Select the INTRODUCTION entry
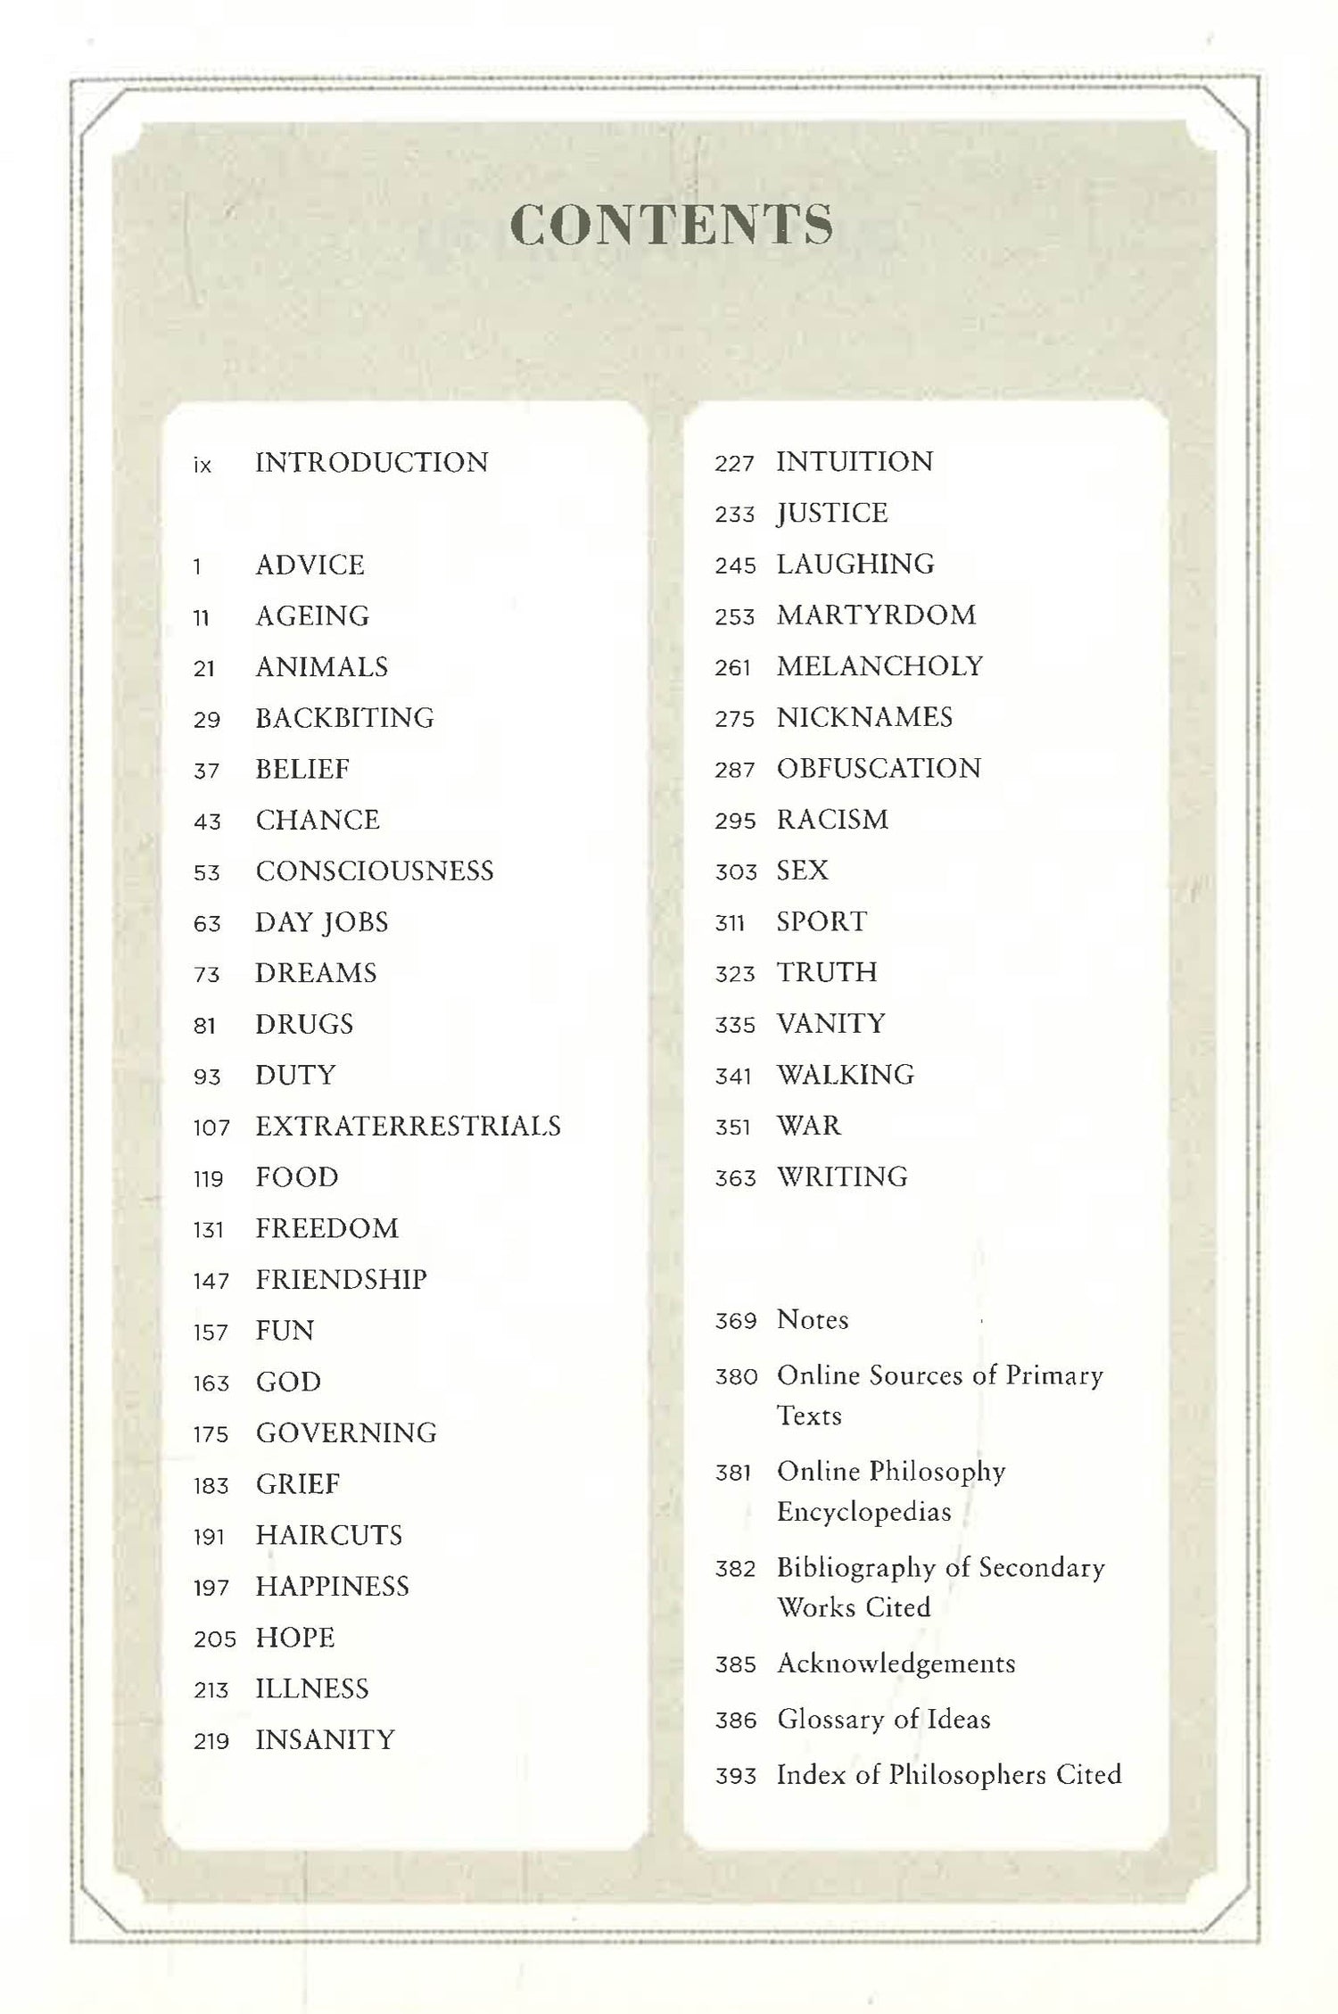[372, 463]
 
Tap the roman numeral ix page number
[202, 465]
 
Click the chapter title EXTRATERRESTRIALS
[409, 1127]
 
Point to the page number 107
[211, 1128]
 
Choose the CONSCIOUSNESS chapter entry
[375, 871]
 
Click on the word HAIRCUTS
[329, 1535]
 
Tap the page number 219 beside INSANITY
[211, 1741]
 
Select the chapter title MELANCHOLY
[880, 666]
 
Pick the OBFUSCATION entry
[879, 769]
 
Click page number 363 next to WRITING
[735, 1179]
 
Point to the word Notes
[813, 1320]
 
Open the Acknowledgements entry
[896, 1663]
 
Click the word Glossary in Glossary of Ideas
[822, 1720]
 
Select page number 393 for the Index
[736, 1776]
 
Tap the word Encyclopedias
[864, 1512]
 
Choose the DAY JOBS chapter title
[322, 922]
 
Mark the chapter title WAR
[808, 1126]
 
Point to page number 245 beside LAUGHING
[735, 565]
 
